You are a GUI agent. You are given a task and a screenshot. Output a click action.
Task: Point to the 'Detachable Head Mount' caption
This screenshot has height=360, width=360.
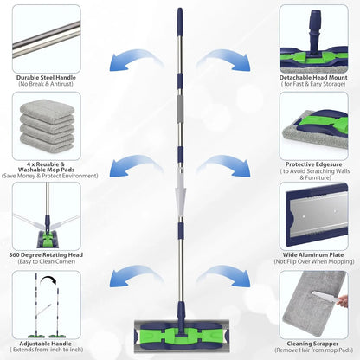click(x=313, y=78)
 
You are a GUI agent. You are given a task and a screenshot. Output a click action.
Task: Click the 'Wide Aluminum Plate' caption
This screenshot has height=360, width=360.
click(x=313, y=254)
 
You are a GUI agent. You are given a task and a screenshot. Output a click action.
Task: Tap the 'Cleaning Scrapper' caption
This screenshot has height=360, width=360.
click(x=313, y=343)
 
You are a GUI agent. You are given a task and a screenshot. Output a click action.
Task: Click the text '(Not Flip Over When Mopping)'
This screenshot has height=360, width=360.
click(x=313, y=263)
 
